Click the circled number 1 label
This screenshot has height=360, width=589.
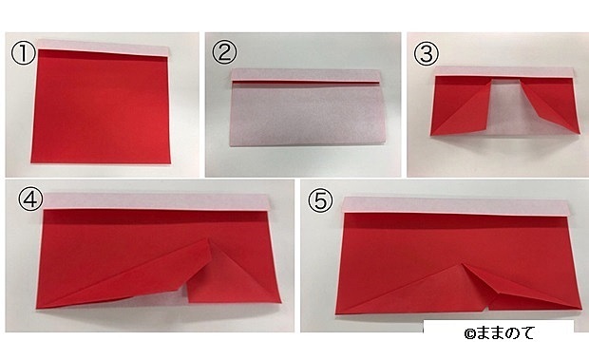(24, 53)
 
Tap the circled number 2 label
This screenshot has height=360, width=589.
(224, 52)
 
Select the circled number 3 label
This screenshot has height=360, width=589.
(426, 54)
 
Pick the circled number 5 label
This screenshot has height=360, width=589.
(320, 200)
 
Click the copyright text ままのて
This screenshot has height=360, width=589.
(499, 333)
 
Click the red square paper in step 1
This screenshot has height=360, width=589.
(101, 106)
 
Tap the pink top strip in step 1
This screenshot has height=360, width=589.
(103, 47)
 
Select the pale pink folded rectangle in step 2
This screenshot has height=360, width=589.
(307, 114)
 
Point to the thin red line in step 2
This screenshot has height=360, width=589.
(306, 82)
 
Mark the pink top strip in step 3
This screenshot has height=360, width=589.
(504, 71)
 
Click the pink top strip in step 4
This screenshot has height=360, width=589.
(158, 201)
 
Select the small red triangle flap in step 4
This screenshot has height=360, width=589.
(234, 276)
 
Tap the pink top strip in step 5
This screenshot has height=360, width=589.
(456, 206)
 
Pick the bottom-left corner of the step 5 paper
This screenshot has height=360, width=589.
(336, 313)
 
